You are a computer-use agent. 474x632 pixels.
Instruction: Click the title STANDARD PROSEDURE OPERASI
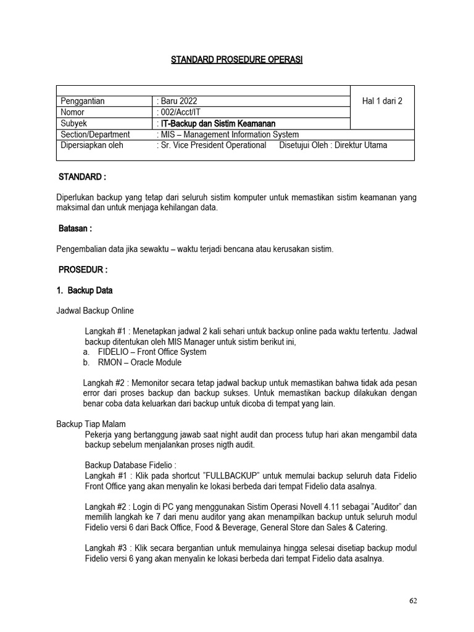pos(236,59)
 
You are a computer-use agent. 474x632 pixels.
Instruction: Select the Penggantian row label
pos(82,101)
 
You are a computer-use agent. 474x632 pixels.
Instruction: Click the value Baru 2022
pos(178,101)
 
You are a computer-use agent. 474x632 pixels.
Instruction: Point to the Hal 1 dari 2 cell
pos(381,101)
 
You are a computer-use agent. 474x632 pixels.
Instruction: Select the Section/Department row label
pos(95,135)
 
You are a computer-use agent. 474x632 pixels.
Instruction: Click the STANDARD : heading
pos(82,177)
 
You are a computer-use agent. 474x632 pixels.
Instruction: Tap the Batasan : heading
pos(75,228)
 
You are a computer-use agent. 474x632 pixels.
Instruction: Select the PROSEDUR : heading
pos(83,270)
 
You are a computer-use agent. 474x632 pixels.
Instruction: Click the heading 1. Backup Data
pos(85,290)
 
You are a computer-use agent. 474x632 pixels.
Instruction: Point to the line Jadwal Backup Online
pos(95,310)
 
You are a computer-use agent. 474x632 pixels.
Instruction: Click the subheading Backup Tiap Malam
pos(91,424)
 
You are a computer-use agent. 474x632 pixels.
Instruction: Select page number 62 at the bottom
pos(413,602)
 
